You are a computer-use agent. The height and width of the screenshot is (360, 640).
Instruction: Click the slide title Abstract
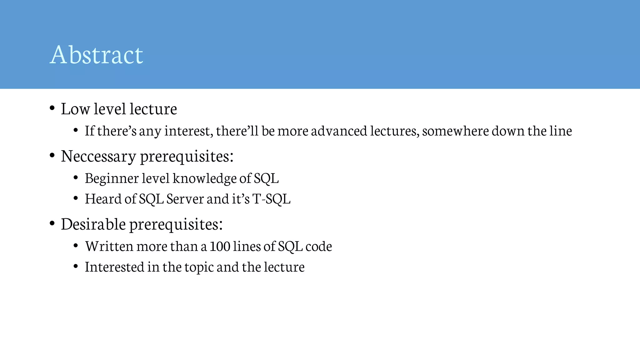[96, 55]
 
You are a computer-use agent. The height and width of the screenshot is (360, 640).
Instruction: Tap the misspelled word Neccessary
[98, 156]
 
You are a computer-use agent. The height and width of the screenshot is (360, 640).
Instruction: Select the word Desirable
[93, 224]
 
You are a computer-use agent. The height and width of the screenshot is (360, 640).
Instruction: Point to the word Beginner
[112, 178]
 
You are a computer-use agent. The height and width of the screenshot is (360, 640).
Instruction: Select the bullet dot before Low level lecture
[52, 108]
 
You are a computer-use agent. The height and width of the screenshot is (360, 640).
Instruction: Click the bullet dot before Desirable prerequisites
[52, 223]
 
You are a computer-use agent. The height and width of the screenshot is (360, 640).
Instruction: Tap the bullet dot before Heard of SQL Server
[76, 198]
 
